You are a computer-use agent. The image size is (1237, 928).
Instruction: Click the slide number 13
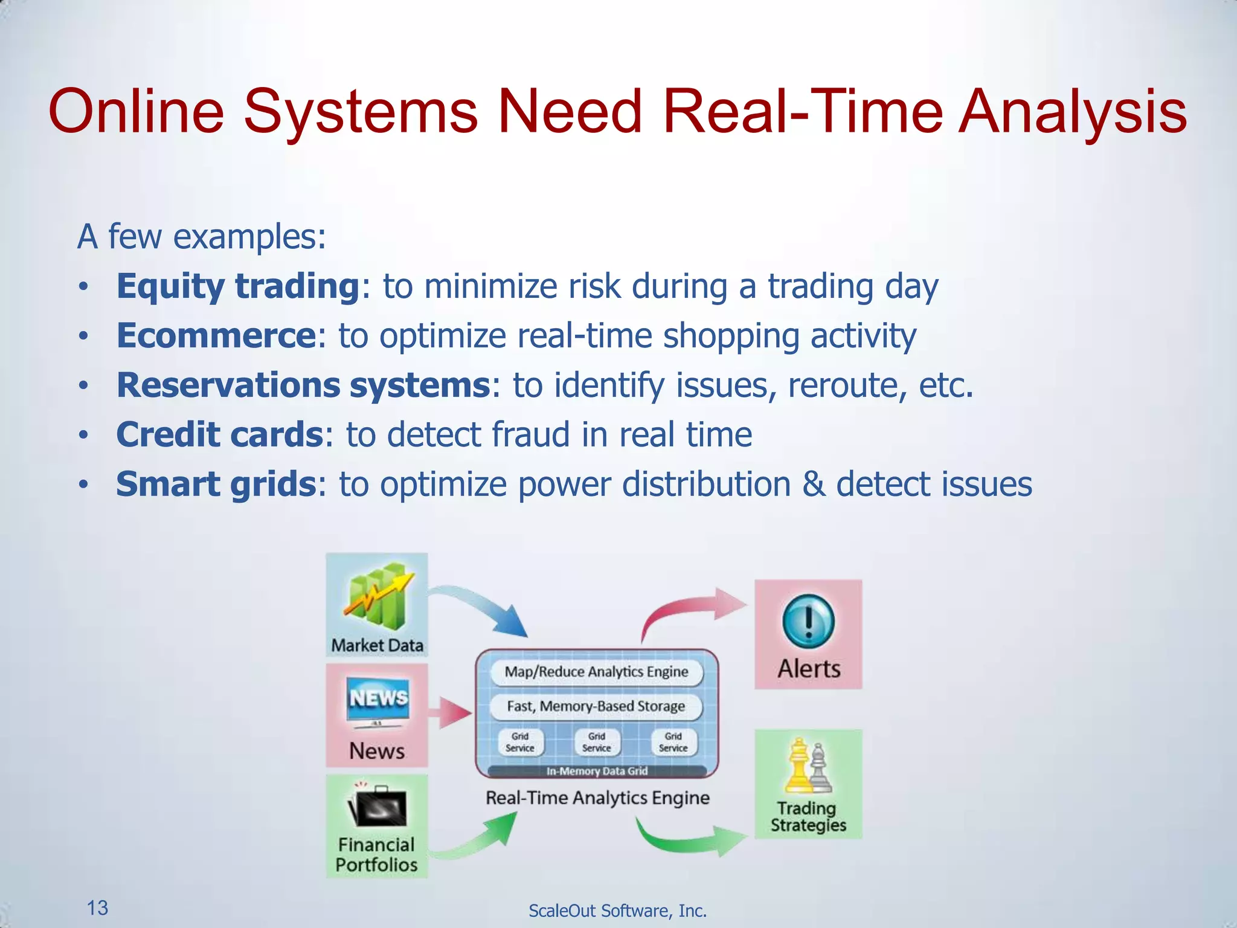point(97,907)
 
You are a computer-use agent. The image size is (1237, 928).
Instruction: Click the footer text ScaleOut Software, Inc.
point(617,910)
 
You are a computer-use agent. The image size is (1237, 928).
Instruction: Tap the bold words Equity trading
point(238,286)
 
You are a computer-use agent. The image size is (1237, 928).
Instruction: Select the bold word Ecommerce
point(216,336)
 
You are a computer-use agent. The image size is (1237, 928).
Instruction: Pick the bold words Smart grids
point(216,485)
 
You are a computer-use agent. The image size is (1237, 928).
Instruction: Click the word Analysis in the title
point(1073,112)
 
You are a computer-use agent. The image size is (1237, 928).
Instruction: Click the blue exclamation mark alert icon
point(808,622)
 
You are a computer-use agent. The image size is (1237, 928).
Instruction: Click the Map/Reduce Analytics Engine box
point(596,672)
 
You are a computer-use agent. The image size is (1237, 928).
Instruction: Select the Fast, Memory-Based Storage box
point(596,706)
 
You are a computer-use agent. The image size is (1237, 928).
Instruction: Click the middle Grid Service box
point(596,742)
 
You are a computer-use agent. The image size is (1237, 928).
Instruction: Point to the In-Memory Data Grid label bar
point(596,771)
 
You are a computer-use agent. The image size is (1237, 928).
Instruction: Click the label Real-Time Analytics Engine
point(597,798)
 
